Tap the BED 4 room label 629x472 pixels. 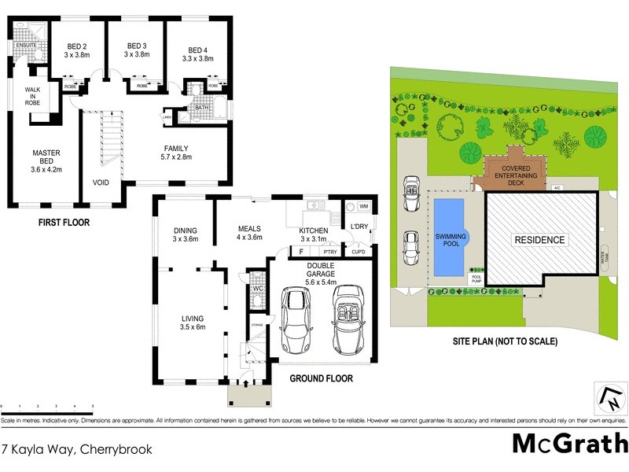click(x=197, y=50)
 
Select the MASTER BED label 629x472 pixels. click(x=46, y=159)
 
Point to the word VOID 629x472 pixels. click(x=101, y=183)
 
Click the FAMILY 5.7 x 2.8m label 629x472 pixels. click(x=176, y=153)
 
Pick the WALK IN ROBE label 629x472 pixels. click(x=32, y=96)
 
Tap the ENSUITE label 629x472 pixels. click(x=26, y=46)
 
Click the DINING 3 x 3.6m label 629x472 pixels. click(x=186, y=234)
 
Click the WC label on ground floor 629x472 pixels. click(x=257, y=289)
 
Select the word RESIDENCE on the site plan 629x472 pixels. click(x=539, y=240)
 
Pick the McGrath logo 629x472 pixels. click(x=569, y=444)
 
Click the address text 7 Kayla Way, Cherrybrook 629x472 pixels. click(x=76, y=450)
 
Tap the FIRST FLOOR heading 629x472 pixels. click(x=64, y=223)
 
